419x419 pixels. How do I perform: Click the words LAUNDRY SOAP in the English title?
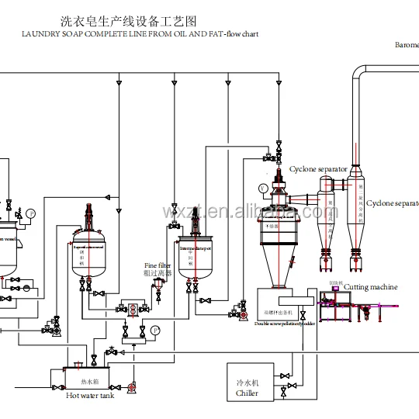[57, 34]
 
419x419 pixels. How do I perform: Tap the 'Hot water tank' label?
[91, 395]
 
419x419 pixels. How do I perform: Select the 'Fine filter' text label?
[158, 265]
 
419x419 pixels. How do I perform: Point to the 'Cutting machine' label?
[370, 287]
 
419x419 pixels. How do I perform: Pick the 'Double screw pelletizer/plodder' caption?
[285, 324]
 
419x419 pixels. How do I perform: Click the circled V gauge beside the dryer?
[264, 188]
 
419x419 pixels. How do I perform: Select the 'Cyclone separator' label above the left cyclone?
[318, 168]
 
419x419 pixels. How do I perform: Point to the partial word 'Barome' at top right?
[407, 45]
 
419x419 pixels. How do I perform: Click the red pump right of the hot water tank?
[132, 385]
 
